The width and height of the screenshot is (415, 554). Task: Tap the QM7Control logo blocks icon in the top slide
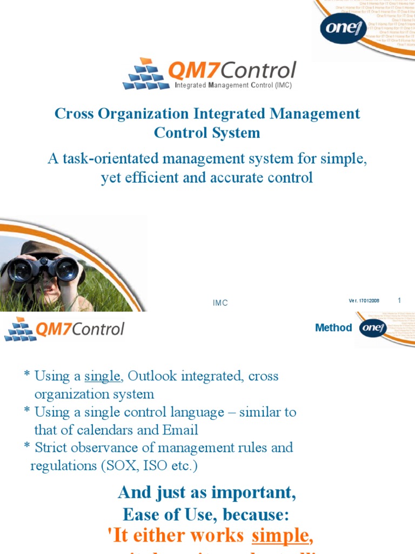tap(144, 74)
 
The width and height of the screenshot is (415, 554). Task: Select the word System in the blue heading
tap(234, 133)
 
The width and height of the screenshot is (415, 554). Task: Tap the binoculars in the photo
tap(43, 269)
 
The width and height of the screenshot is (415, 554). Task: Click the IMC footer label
tap(220, 303)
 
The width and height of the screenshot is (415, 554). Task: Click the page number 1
tap(399, 300)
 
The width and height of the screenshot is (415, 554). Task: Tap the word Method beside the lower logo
tap(333, 328)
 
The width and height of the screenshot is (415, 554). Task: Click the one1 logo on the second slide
tap(373, 328)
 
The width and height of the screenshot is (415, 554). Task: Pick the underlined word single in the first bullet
tap(102, 376)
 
